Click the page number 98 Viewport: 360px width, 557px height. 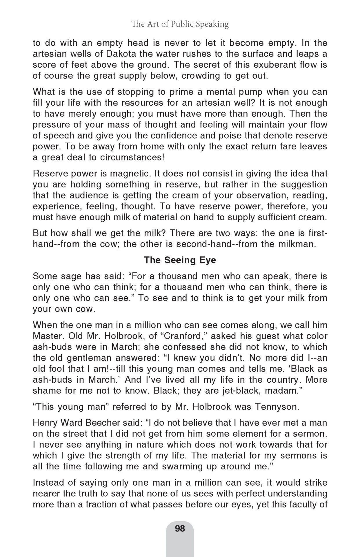pyautogui.click(x=180, y=528)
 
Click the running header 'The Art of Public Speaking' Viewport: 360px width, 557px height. pyautogui.click(x=180, y=24)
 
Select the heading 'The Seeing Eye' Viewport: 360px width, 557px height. pyautogui.click(x=180, y=260)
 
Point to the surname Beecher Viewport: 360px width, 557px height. pyautogui.click(x=97, y=423)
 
